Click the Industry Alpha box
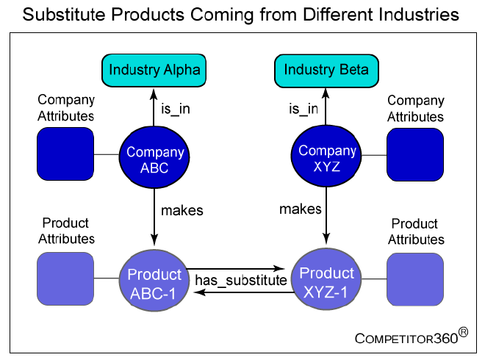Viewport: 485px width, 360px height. point(154,71)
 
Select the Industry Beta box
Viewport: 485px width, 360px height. point(326,71)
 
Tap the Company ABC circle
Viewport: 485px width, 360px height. point(154,157)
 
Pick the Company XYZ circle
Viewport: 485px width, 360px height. point(326,156)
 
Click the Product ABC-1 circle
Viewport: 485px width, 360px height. point(154,280)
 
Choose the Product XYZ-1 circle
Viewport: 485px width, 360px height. point(326,279)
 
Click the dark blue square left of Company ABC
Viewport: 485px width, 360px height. point(65,154)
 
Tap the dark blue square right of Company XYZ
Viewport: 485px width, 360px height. point(415,154)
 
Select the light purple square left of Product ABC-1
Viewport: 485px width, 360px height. point(65,278)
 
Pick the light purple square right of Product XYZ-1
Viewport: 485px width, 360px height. point(415,280)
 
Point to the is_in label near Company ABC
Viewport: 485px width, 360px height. point(176,109)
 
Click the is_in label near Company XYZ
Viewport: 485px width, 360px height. point(303,109)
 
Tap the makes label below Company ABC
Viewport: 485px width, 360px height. point(182,211)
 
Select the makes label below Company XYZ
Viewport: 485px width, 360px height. point(301,209)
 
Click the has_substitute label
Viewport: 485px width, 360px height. point(241,281)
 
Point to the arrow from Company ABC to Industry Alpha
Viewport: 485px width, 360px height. point(154,107)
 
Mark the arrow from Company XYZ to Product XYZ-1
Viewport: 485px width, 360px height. point(326,216)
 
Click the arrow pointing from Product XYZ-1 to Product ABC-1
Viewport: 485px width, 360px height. point(244,292)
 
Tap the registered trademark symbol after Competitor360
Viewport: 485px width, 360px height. point(463,332)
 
